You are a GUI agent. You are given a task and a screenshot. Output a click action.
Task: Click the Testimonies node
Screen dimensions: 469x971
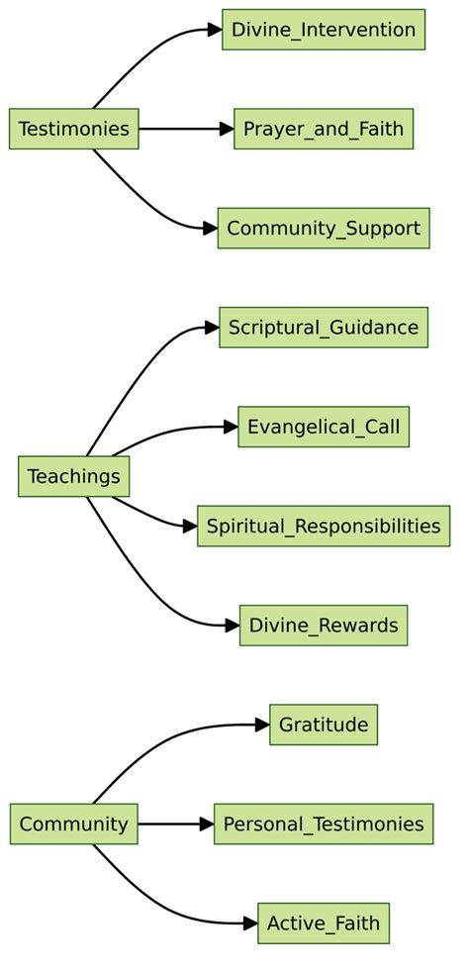tap(73, 129)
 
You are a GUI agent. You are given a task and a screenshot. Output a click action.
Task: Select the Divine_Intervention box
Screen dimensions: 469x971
tap(324, 29)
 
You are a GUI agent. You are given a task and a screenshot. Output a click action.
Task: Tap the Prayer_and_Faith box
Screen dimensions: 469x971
tap(324, 129)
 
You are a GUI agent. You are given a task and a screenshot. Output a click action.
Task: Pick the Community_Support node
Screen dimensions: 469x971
tap(324, 228)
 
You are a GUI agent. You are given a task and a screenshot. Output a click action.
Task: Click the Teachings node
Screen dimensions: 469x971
tap(73, 476)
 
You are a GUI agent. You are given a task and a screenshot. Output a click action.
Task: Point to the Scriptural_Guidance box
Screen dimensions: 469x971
tap(324, 327)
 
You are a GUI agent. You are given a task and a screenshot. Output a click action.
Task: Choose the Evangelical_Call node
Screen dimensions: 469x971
tap(324, 427)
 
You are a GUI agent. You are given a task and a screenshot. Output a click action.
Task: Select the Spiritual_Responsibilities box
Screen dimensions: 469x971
tap(324, 526)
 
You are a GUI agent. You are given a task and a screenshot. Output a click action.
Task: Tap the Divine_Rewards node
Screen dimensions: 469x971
tap(324, 626)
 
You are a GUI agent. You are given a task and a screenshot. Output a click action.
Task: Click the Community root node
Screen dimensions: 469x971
tap(73, 824)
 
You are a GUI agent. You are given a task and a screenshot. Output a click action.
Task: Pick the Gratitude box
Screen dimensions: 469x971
tap(324, 725)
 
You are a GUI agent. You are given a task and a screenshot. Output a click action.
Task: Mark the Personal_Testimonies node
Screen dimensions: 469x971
tap(324, 824)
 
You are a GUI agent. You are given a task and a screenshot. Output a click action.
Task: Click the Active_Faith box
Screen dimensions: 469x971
tap(324, 923)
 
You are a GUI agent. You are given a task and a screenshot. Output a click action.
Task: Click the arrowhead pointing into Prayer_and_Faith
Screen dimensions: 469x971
tap(227, 129)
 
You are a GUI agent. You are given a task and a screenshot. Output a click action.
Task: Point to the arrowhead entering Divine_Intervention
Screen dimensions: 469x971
tap(216, 29)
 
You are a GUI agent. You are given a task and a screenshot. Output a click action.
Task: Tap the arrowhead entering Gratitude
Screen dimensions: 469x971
tap(263, 725)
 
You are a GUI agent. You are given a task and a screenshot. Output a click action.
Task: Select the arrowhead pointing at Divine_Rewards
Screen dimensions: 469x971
tap(234, 626)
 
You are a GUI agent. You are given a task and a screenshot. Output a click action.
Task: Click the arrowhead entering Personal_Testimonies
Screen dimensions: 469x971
tap(207, 824)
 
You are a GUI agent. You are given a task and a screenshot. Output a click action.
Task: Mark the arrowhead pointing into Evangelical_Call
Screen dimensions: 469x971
tap(232, 427)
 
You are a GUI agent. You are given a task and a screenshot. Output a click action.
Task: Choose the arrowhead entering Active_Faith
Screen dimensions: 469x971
tap(251, 923)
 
